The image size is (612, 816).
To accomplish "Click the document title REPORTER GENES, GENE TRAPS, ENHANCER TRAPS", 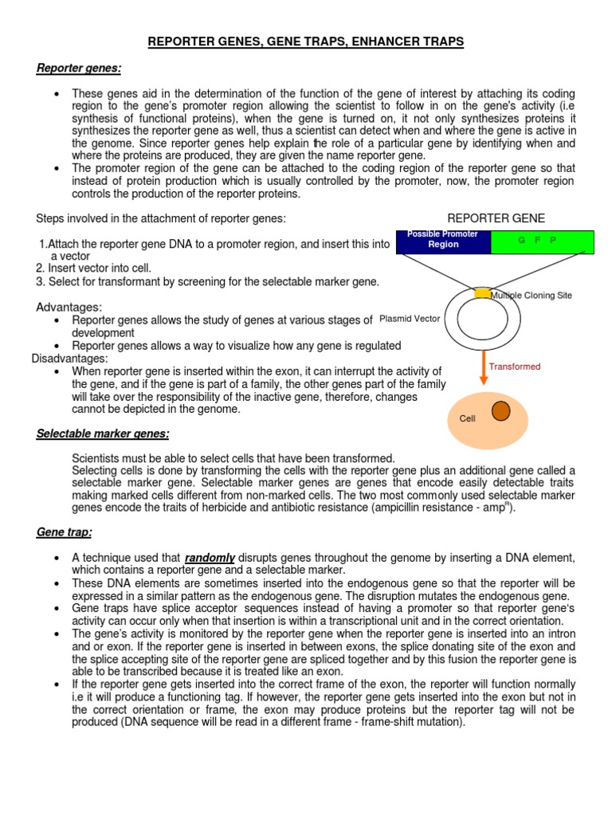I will click(x=306, y=40).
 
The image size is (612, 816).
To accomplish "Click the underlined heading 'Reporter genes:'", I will click(x=79, y=69).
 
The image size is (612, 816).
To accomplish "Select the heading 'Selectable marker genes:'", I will click(x=103, y=433).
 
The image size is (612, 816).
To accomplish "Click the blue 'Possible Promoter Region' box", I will click(x=443, y=241).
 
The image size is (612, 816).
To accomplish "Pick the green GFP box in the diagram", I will click(x=542, y=241).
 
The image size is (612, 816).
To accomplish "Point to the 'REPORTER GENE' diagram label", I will click(x=496, y=218).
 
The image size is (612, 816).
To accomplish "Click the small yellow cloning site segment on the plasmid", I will click(x=482, y=293).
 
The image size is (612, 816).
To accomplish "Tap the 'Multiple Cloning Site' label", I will click(x=531, y=296).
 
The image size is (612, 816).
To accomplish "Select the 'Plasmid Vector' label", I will click(x=410, y=319).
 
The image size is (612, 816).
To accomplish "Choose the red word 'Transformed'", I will click(x=515, y=367).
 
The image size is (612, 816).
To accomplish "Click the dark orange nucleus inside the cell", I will click(x=500, y=411).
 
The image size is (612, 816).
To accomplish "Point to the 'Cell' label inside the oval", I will click(x=467, y=418).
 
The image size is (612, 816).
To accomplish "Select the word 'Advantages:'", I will click(x=69, y=308).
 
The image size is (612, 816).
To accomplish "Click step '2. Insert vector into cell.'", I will click(x=93, y=269).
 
